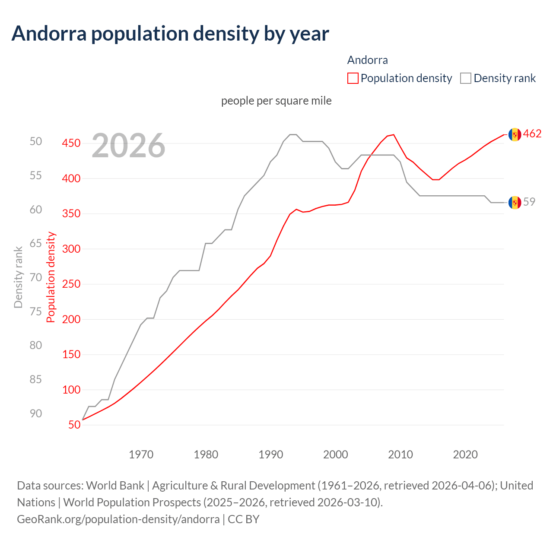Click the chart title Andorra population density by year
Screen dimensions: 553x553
coord(170,34)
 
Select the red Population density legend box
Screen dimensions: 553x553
coord(353,78)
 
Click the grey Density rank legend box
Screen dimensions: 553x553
coord(466,78)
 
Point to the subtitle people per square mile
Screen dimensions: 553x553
coord(276,101)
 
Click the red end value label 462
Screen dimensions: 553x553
coord(532,134)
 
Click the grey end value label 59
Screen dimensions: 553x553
coord(529,202)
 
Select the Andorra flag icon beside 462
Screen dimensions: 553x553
coord(515,134)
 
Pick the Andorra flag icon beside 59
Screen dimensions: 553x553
coord(515,202)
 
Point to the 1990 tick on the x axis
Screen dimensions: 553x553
coord(271,454)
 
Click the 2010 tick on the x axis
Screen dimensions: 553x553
coord(400,454)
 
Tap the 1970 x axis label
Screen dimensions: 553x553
coord(141,454)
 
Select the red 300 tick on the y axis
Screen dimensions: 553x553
coord(71,249)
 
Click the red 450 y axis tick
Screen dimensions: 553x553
coord(71,143)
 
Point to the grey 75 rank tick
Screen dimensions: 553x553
coord(36,311)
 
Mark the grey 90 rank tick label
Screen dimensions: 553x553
coord(36,413)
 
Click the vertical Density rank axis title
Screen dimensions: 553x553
coord(18,277)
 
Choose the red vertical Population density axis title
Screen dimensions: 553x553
coord(51,277)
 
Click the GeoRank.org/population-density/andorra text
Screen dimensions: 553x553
coord(118,519)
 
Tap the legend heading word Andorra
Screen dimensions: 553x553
coord(367,60)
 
